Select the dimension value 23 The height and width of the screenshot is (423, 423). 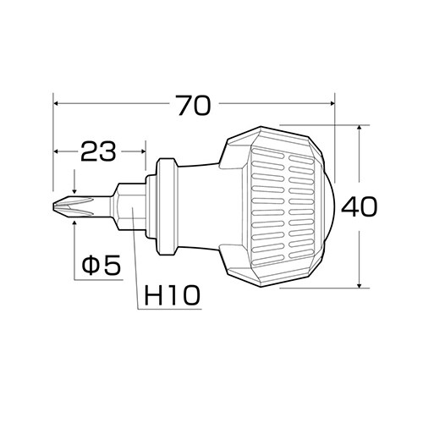[100, 152]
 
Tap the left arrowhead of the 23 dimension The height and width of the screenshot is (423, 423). [58, 152]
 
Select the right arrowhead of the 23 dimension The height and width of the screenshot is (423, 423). [143, 152]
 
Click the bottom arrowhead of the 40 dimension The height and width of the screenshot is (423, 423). [361, 283]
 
